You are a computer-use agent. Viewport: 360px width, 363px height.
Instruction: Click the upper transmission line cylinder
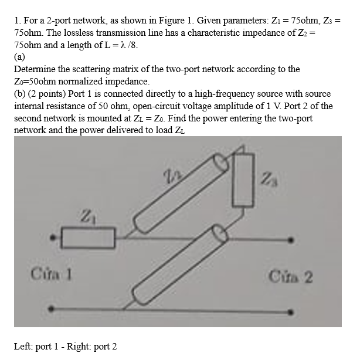coord(181,193)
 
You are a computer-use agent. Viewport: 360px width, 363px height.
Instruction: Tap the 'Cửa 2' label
coord(290,276)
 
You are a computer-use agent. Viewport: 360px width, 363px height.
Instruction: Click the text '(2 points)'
coord(49,94)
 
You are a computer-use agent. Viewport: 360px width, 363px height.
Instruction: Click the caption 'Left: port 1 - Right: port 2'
coord(65,347)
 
